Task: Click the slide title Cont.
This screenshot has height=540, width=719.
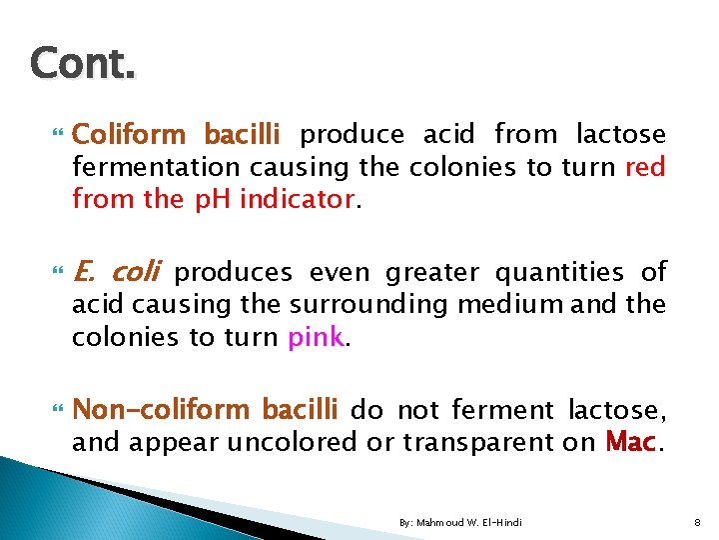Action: pyautogui.click(x=82, y=63)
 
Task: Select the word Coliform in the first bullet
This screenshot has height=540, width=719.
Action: pyautogui.click(x=130, y=134)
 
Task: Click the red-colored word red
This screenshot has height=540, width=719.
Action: pyautogui.click(x=644, y=167)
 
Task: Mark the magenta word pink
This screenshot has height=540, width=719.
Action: pyautogui.click(x=315, y=337)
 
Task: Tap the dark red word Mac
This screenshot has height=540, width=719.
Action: pyautogui.click(x=630, y=442)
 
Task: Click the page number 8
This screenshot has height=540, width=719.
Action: pyautogui.click(x=695, y=523)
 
